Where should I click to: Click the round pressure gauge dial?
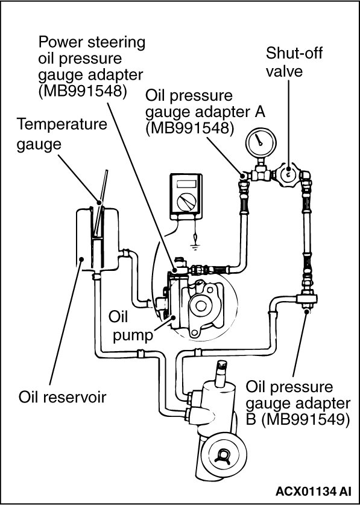(261, 142)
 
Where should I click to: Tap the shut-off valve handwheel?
(288, 174)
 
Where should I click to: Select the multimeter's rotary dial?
(186, 202)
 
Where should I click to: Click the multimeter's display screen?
(186, 184)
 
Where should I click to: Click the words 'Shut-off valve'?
(294, 62)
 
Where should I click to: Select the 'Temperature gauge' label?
(62, 133)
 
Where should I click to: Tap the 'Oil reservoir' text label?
(62, 397)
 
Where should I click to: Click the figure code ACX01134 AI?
(313, 491)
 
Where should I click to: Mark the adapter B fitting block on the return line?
(306, 299)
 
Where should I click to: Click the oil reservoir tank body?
(96, 239)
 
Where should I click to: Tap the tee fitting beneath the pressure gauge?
(261, 173)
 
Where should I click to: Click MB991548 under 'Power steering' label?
(82, 91)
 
